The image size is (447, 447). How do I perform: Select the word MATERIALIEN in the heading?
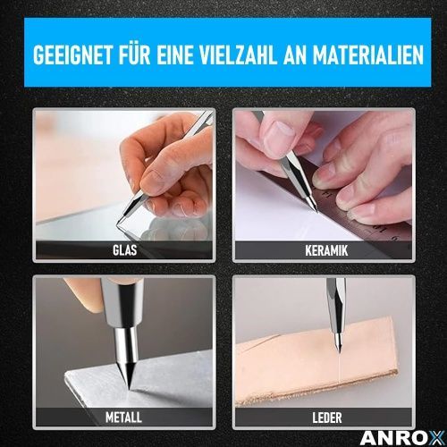point(368,55)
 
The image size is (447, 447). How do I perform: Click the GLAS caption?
point(125,250)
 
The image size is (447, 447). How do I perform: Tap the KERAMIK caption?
point(326,250)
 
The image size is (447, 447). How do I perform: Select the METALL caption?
point(123,417)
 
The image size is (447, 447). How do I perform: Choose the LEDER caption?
point(327,417)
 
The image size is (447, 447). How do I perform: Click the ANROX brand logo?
point(402,438)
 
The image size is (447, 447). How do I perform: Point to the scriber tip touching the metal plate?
point(129,388)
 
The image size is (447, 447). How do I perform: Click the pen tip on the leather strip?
point(339,351)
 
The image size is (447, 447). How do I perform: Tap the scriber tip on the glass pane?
point(117,223)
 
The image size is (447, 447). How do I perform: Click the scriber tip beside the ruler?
point(316,211)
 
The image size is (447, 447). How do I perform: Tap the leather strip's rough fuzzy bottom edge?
point(316,391)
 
